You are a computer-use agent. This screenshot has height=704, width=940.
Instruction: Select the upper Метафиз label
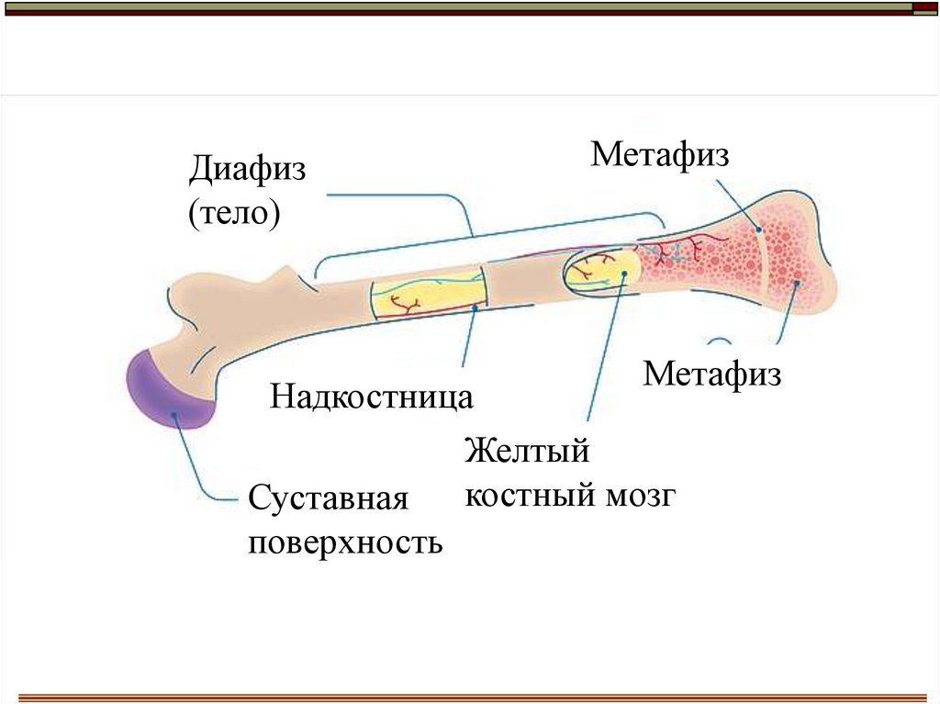point(659,153)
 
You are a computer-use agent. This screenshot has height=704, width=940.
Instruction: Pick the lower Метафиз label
point(712,374)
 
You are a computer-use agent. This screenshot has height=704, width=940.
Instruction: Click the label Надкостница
point(372,397)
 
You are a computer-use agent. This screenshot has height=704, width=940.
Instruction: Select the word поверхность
point(345,543)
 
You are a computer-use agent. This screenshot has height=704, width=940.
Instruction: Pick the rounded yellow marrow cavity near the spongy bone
point(601,271)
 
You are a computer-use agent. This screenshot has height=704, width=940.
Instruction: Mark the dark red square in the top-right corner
point(924,9)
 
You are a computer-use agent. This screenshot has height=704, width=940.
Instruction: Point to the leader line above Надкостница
point(469,339)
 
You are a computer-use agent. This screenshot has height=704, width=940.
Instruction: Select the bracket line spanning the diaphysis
point(473,235)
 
